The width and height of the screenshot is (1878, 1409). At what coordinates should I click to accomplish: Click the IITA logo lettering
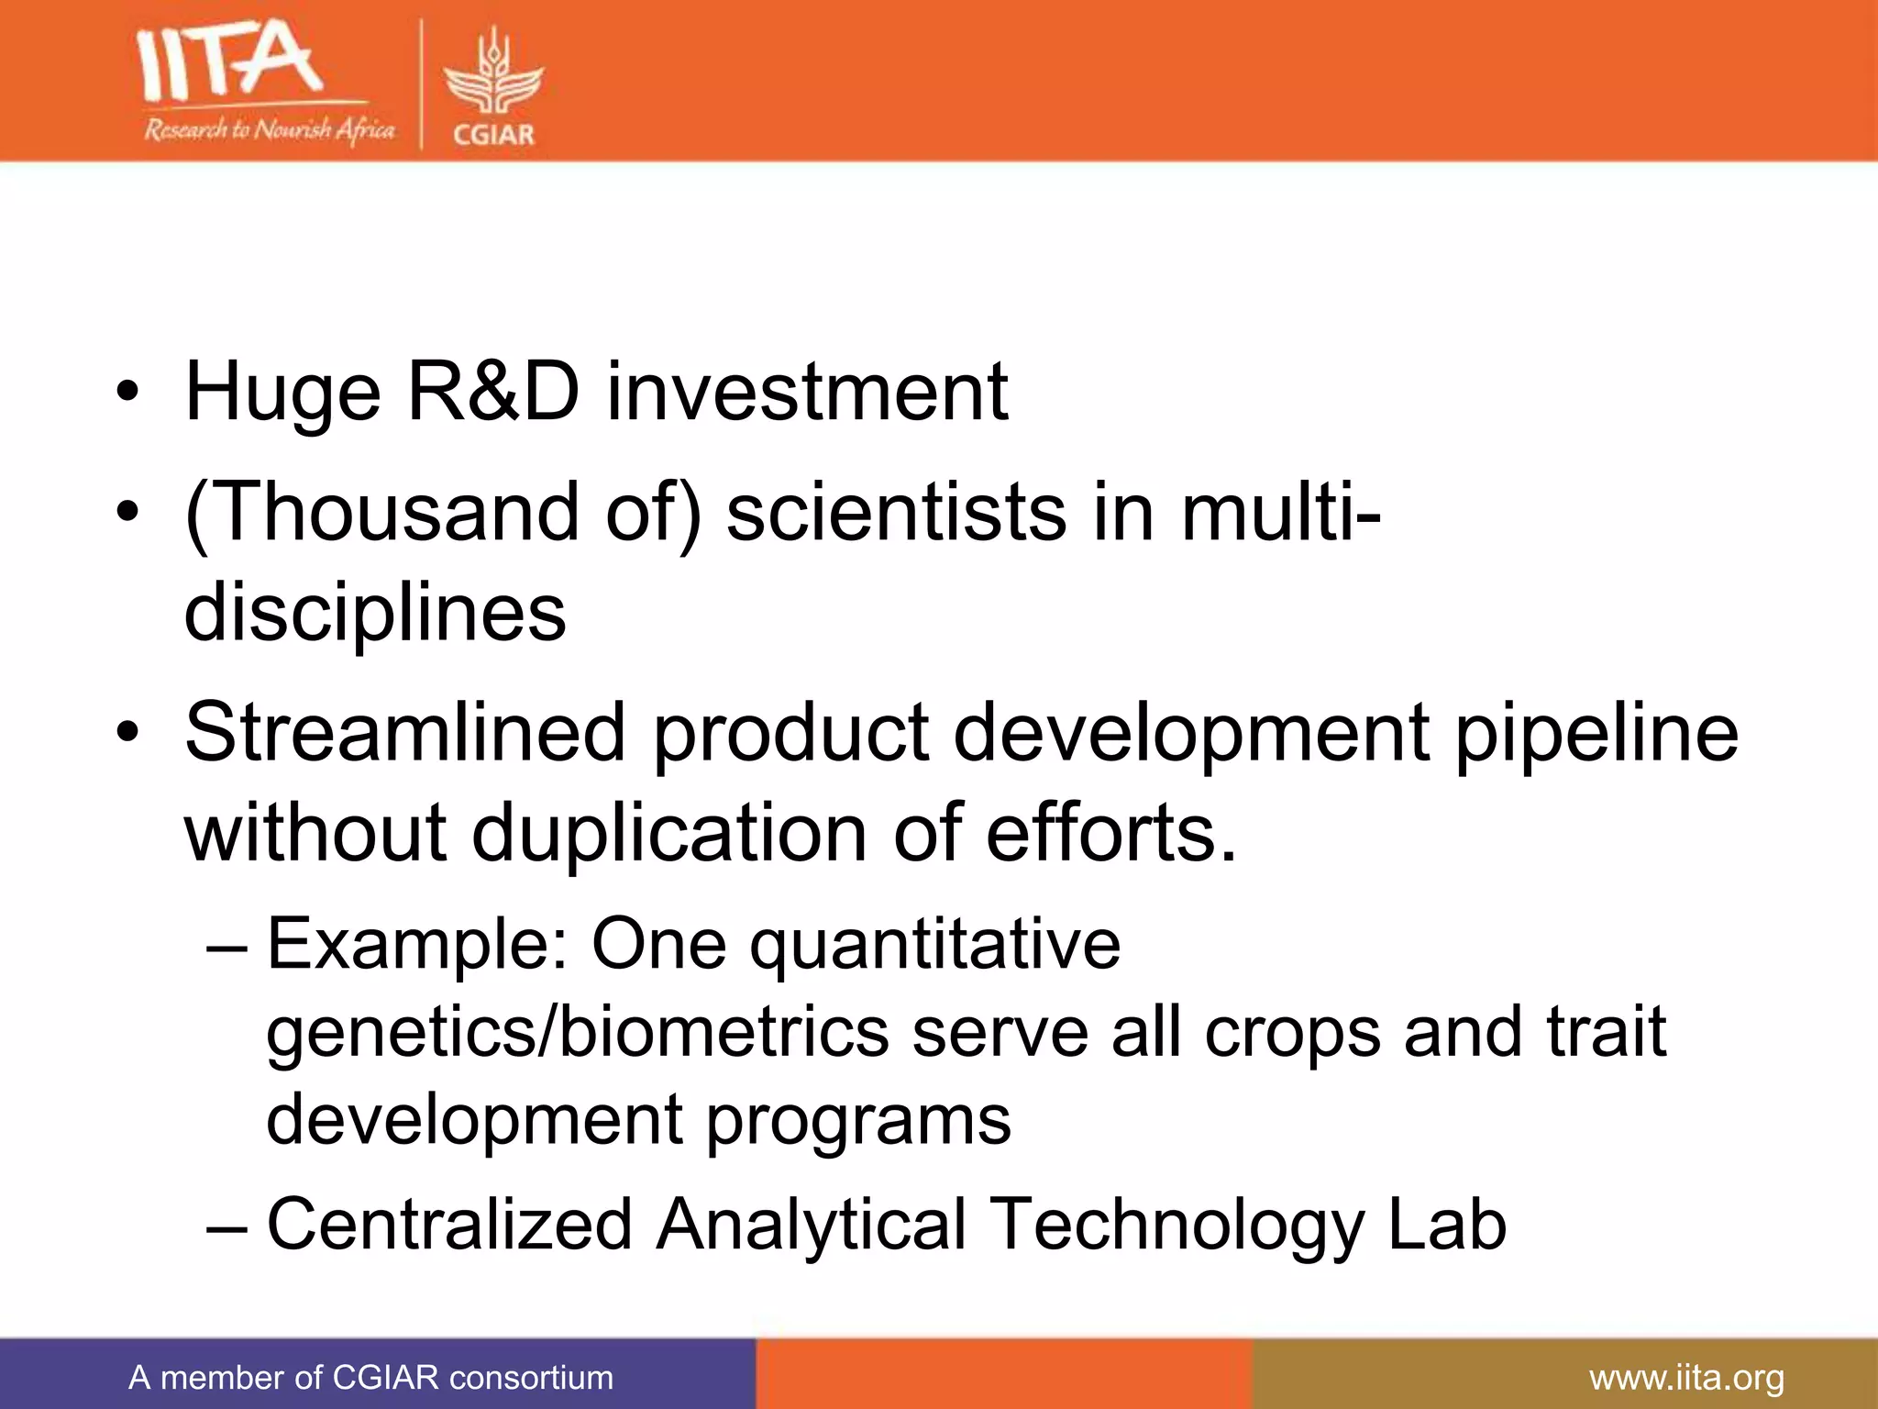pyautogui.click(x=229, y=62)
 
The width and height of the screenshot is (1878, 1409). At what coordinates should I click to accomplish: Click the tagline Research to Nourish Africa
pyautogui.click(x=269, y=129)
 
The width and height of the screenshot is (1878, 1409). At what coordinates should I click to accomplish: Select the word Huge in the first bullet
pyautogui.click(x=282, y=393)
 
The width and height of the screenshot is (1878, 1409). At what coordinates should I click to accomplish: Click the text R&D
pyautogui.click(x=493, y=393)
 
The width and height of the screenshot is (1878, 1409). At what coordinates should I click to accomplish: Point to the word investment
pyautogui.click(x=807, y=393)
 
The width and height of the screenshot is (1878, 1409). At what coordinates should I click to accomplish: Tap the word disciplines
pyautogui.click(x=375, y=613)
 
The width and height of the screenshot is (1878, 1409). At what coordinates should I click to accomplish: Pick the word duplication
pyautogui.click(x=669, y=833)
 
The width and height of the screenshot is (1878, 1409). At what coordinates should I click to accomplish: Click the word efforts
pyautogui.click(x=1110, y=833)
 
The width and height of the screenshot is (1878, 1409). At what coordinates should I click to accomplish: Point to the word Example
pyautogui.click(x=417, y=945)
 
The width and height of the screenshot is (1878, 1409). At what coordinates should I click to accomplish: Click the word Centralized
pyautogui.click(x=449, y=1224)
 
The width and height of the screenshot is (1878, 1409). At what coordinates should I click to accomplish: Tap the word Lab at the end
pyautogui.click(x=1446, y=1224)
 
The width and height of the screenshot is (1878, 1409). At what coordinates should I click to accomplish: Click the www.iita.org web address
pyautogui.click(x=1686, y=1378)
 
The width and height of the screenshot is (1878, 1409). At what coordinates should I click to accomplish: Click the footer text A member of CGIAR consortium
pyautogui.click(x=370, y=1378)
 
